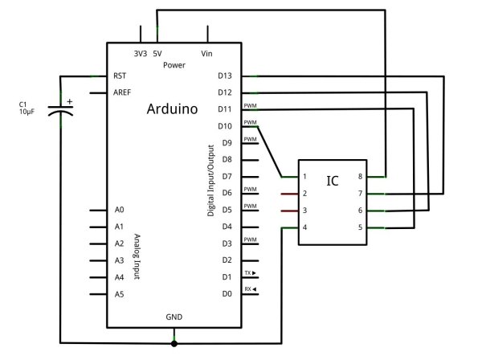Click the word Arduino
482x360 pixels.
click(173, 108)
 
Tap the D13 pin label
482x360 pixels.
click(225, 76)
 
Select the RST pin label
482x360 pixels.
click(120, 76)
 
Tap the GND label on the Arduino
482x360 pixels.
click(174, 317)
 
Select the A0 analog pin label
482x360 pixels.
click(120, 210)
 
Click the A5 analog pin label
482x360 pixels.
click(120, 293)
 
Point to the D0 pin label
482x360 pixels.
click(226, 293)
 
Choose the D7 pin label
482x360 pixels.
click(226, 176)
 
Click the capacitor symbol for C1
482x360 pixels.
click(61, 108)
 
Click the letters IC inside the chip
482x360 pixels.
click(332, 181)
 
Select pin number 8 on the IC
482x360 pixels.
click(371, 177)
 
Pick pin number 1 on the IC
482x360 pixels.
click(305, 177)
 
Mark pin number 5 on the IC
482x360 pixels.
click(371, 228)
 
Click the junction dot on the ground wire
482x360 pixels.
click(174, 343)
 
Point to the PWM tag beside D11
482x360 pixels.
click(250, 105)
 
